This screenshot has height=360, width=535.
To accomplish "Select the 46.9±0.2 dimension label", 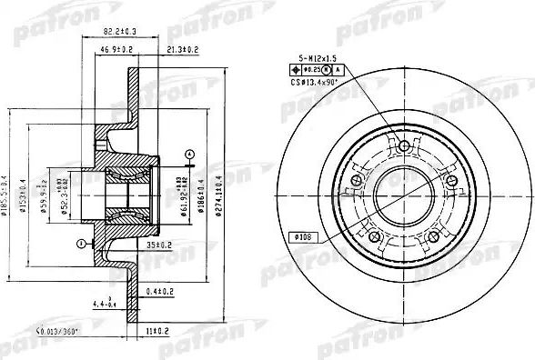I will click(x=117, y=48).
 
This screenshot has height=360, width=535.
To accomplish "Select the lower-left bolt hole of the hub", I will click(x=373, y=236).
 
